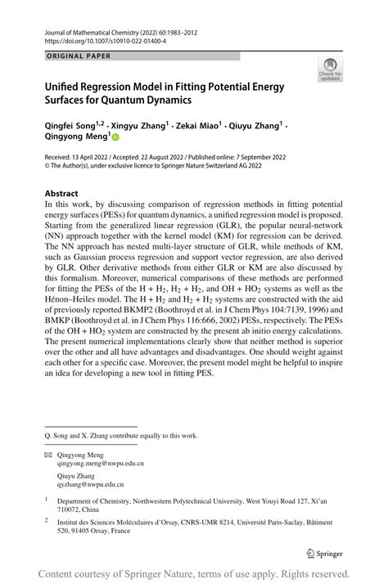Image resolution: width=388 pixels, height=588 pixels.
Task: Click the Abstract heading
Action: (x=61, y=194)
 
